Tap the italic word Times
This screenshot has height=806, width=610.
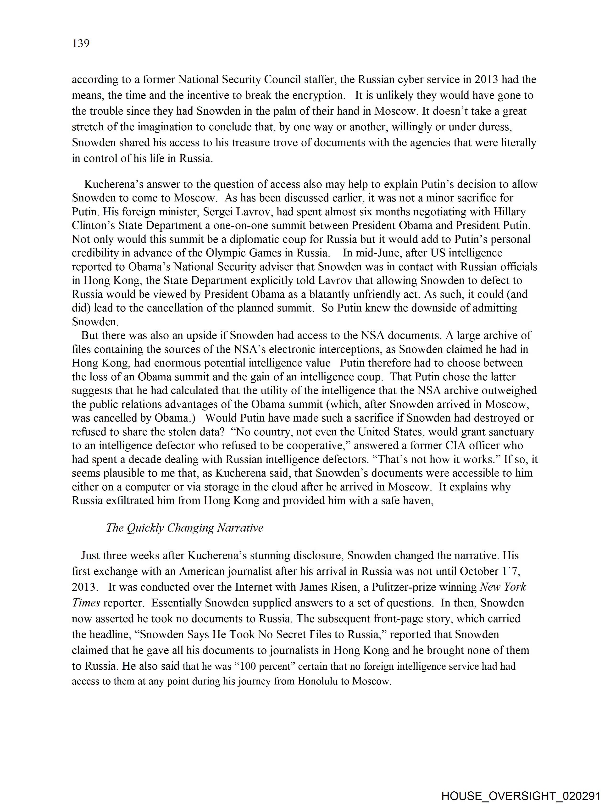86,603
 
